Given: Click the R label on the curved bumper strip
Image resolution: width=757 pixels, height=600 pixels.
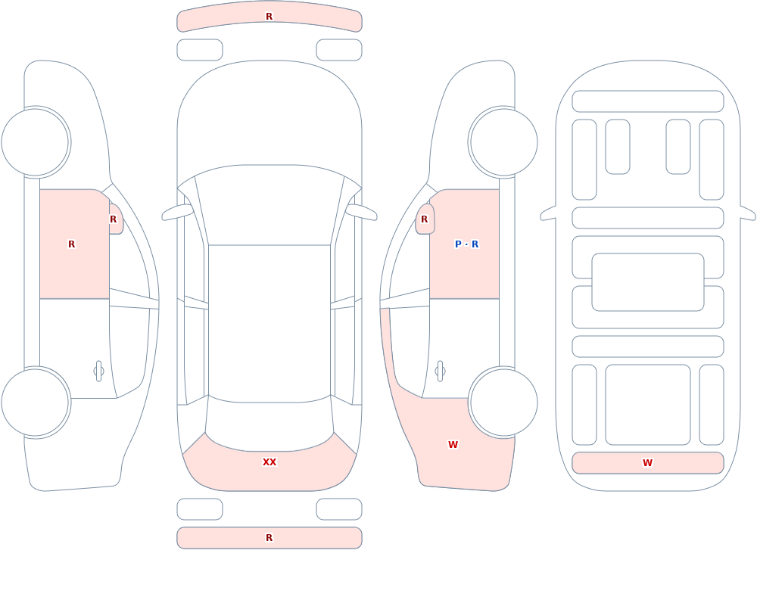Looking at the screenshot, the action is pos(269,17).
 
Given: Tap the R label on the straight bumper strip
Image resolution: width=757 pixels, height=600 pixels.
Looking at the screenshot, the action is pos(269,538).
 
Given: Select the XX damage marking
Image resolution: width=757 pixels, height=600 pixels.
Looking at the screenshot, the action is pos(269,462).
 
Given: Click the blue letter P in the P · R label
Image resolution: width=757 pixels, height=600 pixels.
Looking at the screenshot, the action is pos(458,244).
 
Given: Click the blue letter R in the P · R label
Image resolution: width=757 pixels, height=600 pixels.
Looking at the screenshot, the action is pos(475,244).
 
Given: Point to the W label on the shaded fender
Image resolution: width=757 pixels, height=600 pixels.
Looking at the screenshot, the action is pos(453,445).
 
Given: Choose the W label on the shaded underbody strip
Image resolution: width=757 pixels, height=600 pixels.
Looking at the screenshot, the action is pos(647,463).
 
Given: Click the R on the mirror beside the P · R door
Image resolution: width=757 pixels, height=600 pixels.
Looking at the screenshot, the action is pos(425,219).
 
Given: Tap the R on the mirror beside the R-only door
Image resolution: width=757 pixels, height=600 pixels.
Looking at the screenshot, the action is pos(113,219).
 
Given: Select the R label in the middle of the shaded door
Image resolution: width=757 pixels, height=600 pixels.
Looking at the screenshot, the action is pos(71,244).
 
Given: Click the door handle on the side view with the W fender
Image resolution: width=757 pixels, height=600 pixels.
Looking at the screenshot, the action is pos(440,372).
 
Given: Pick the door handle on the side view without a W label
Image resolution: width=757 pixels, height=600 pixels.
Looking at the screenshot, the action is pos(98,372).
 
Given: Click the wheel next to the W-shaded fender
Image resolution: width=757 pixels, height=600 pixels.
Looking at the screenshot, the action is pos(503,403).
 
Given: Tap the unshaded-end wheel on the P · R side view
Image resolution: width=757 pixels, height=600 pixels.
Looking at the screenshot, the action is pos(503,142).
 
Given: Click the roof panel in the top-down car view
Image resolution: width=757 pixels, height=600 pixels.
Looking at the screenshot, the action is pos(269,323).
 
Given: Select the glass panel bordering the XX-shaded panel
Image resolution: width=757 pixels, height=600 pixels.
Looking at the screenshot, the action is pos(269,424).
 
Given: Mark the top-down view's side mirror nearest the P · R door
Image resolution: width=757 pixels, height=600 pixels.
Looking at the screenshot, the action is pos(361,212).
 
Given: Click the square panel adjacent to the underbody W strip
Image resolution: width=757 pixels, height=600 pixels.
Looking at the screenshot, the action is pos(648,405).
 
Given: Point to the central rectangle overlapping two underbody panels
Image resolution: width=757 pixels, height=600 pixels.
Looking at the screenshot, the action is pos(648,282).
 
